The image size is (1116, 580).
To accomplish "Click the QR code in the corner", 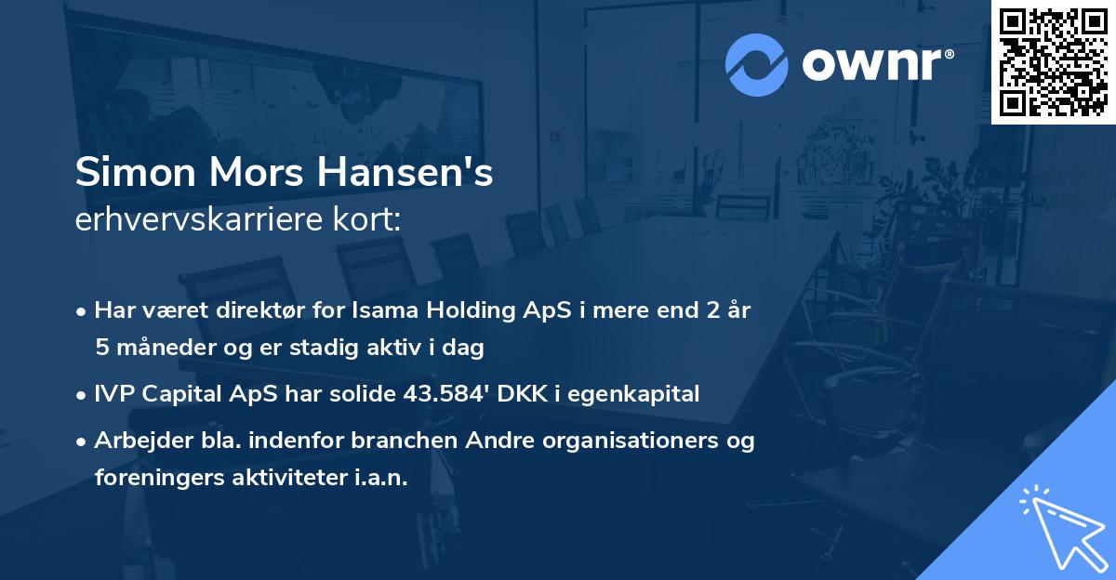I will [1052, 61].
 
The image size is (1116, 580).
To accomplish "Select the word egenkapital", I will [642, 393].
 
